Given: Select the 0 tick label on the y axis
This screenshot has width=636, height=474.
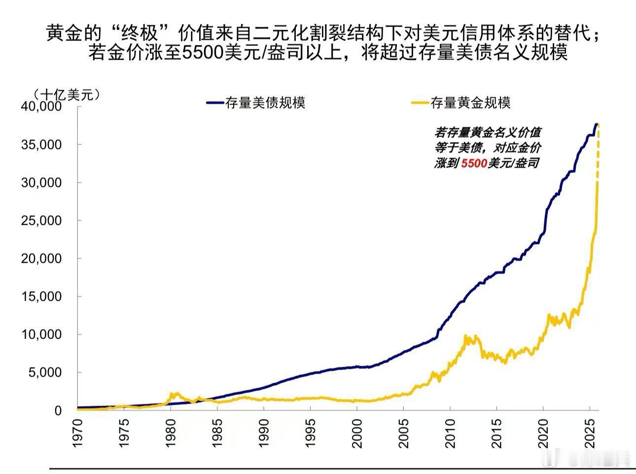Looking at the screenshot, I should pyautogui.click(x=58, y=410).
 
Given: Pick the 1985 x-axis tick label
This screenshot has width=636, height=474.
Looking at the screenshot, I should pyautogui.click(x=217, y=434).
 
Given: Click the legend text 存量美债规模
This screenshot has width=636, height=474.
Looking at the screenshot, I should pyautogui.click(x=265, y=102).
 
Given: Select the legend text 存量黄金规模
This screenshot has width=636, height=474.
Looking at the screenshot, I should pyautogui.click(x=470, y=102).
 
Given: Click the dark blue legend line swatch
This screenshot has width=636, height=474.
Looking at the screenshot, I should pyautogui.click(x=215, y=102).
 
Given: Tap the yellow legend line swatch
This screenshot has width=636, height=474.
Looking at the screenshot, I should pyautogui.click(x=420, y=102).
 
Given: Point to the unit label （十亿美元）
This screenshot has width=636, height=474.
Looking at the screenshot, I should pyautogui.click(x=67, y=94).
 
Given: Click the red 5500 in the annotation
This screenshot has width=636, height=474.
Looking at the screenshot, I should pyautogui.click(x=474, y=164).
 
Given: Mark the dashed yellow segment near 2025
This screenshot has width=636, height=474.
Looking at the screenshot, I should pyautogui.click(x=599, y=153).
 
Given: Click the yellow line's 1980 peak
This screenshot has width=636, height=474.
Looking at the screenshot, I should pyautogui.click(x=173, y=393).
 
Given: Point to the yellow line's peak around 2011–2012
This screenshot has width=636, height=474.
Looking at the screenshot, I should pyautogui.click(x=465, y=336).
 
